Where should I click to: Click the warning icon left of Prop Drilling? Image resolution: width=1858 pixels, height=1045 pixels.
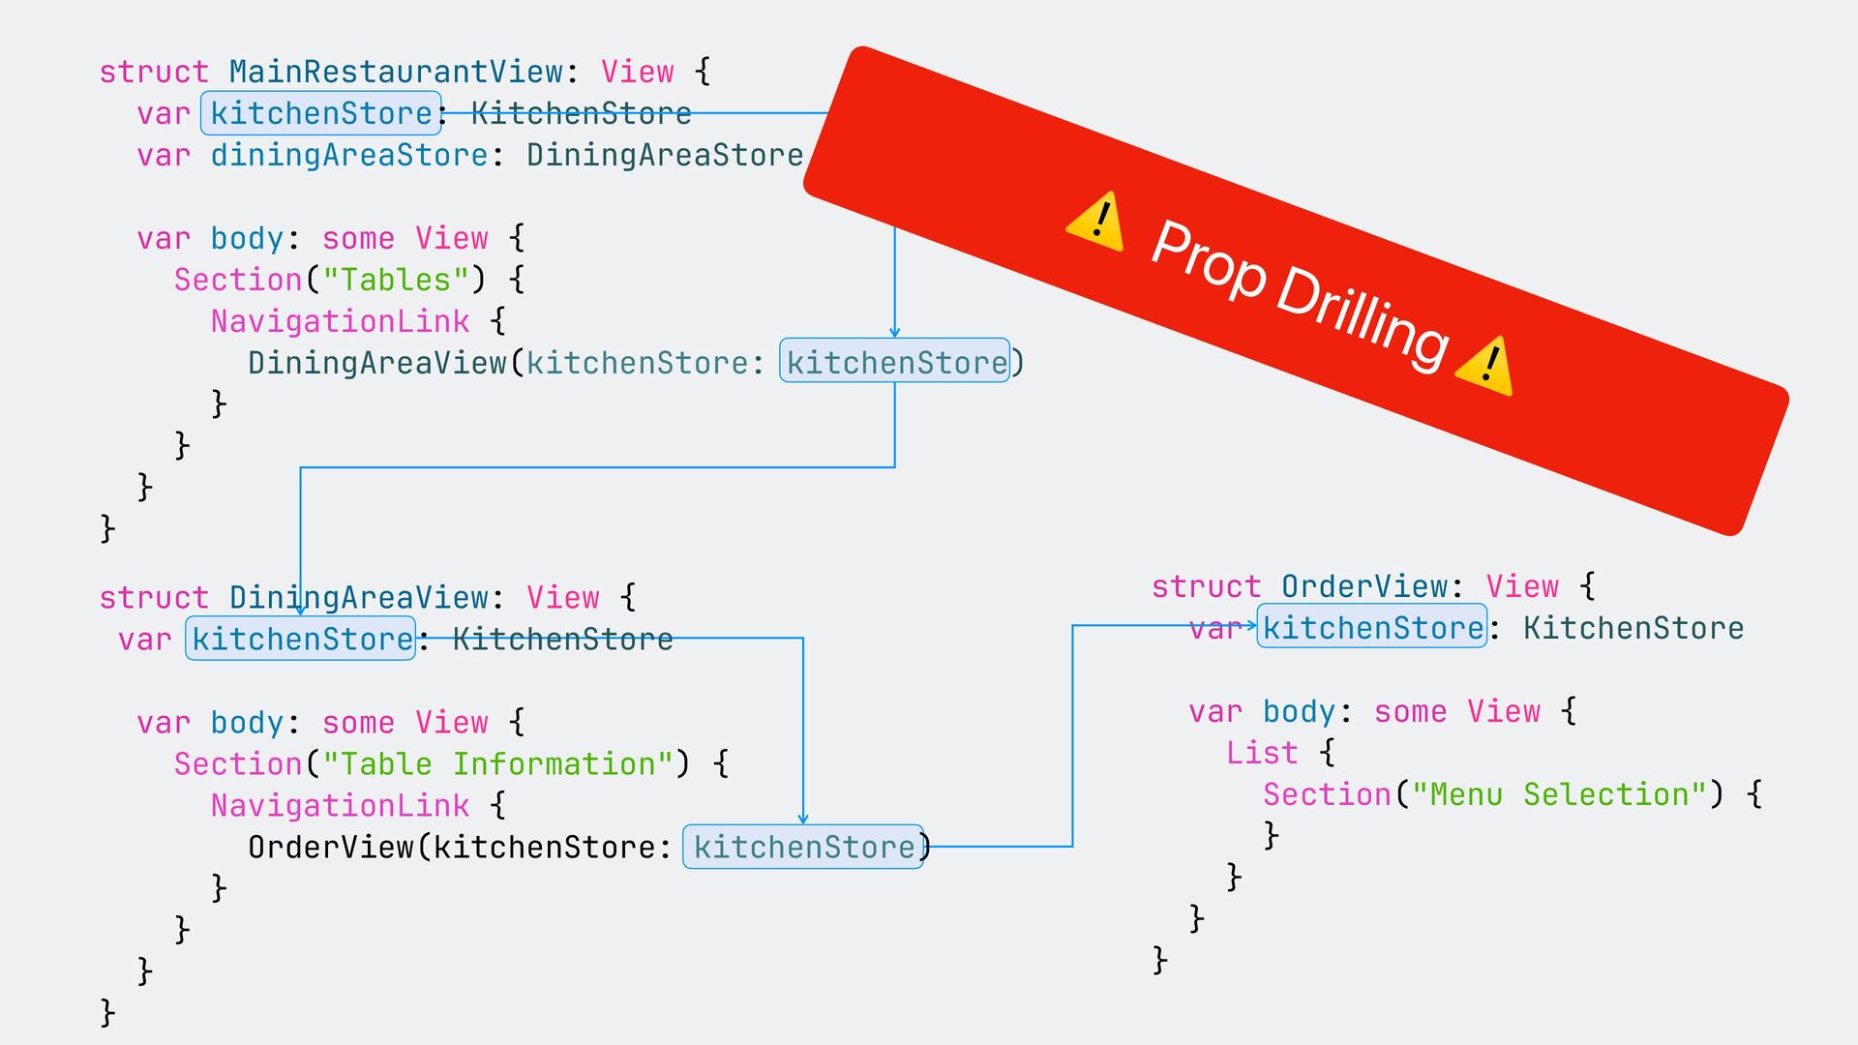click(x=1095, y=222)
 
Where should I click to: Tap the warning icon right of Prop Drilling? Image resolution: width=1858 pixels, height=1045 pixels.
click(x=1485, y=367)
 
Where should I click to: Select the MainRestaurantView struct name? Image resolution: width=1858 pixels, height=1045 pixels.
click(x=396, y=72)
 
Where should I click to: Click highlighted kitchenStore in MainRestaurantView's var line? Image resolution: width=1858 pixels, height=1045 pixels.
click(x=321, y=114)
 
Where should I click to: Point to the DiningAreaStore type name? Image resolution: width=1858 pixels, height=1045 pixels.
click(x=665, y=156)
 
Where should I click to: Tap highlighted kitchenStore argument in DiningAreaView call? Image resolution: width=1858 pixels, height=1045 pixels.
click(x=895, y=363)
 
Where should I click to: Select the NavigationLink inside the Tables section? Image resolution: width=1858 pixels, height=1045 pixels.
click(x=340, y=321)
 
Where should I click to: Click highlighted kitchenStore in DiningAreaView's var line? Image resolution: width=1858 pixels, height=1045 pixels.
click(x=301, y=640)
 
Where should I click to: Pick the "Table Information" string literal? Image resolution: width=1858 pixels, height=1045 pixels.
click(x=498, y=764)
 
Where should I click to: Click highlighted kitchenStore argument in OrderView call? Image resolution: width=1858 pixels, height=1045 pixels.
click(x=803, y=848)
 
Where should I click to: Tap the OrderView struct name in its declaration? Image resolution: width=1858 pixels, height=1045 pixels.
click(x=1364, y=586)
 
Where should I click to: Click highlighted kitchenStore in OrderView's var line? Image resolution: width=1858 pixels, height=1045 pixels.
click(x=1372, y=628)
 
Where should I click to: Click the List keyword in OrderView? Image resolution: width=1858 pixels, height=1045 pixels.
click(x=1261, y=753)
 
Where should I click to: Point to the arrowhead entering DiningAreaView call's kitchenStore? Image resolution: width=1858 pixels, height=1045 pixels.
click(x=895, y=332)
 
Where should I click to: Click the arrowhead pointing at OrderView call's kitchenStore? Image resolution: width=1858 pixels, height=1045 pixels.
click(x=803, y=819)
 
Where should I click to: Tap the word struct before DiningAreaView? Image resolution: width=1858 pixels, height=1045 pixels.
click(x=154, y=598)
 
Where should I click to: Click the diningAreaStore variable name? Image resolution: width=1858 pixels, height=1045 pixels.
click(x=349, y=156)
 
